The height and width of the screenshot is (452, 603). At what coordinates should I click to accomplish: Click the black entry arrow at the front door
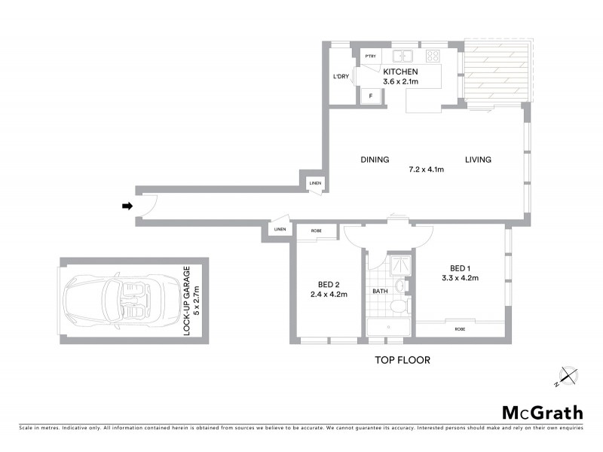[127, 206]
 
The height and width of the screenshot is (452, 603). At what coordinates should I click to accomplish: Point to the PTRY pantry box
[370, 56]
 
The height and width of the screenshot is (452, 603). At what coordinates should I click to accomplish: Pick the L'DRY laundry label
[341, 78]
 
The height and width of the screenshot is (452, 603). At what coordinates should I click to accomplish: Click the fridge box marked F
[370, 96]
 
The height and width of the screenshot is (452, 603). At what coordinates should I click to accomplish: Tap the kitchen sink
[404, 56]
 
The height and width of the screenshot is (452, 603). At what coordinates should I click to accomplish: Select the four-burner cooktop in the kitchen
[433, 56]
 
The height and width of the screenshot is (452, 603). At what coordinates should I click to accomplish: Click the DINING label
[375, 160]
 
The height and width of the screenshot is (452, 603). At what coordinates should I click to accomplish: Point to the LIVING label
[478, 160]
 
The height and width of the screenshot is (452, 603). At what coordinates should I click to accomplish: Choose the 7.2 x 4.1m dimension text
[427, 169]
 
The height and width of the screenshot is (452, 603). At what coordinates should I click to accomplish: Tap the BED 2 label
[327, 284]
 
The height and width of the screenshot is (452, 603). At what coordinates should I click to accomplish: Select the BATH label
[380, 291]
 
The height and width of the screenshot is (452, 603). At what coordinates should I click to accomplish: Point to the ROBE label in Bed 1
[460, 329]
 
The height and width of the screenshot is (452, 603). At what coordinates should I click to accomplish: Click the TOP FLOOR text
[403, 360]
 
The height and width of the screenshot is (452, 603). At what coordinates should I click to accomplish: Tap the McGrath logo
[543, 412]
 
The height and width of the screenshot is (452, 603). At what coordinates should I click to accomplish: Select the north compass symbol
[567, 374]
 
